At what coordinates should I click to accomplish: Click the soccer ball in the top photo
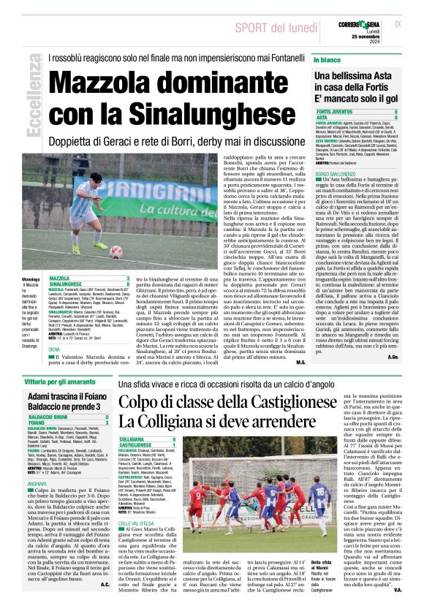(116, 252)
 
